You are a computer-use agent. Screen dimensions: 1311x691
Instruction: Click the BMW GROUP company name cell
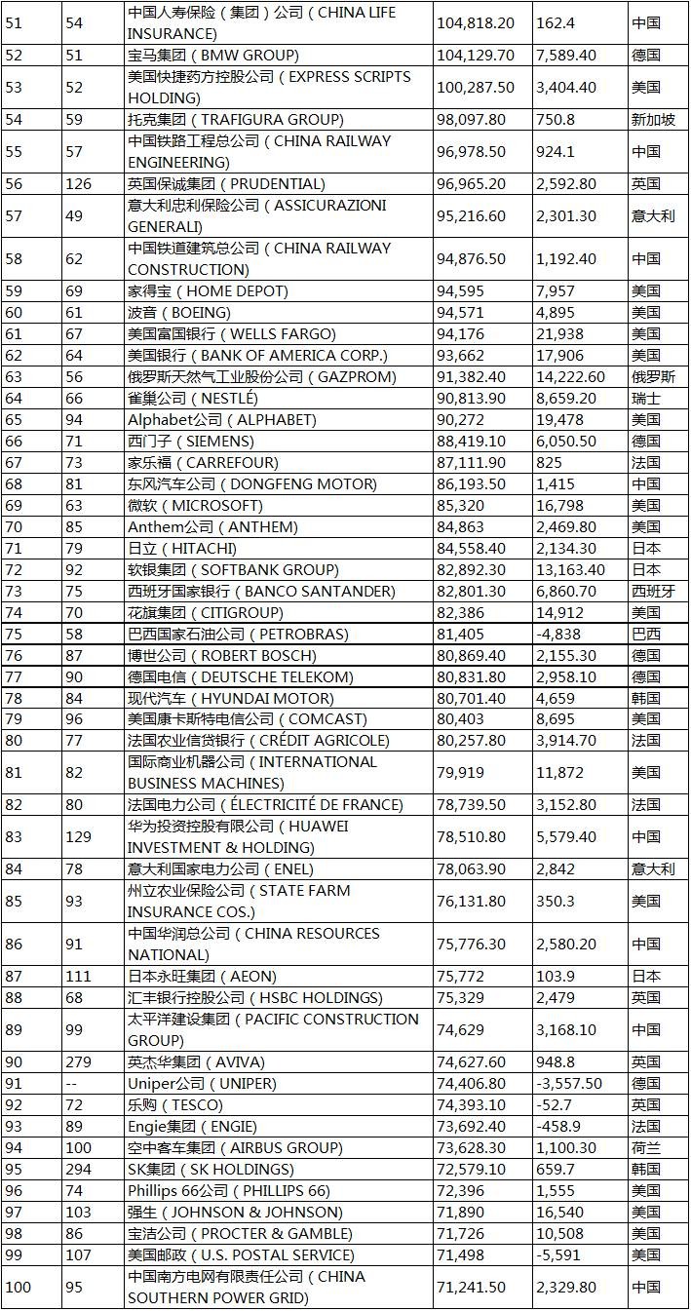click(x=213, y=56)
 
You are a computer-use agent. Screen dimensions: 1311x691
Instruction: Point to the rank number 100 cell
click(x=19, y=1288)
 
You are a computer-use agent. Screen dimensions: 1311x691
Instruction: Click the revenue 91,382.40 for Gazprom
click(x=475, y=377)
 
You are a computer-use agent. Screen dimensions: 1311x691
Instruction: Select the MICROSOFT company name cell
click(x=196, y=506)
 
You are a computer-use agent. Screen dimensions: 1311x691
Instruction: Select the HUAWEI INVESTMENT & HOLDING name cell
click(x=239, y=837)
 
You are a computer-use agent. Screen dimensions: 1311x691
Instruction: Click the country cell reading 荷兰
click(x=645, y=1148)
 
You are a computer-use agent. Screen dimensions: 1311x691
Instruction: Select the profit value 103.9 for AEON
click(x=556, y=977)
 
